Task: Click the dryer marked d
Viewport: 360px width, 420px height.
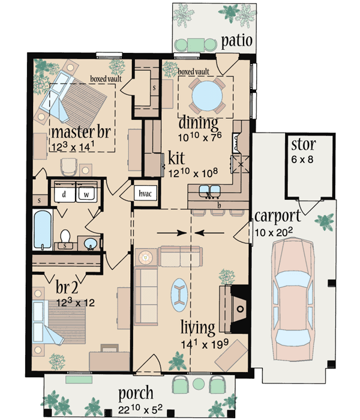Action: pos(64,194)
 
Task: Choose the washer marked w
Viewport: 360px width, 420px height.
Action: pos(86,194)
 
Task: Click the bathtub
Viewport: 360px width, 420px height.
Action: pos(41,230)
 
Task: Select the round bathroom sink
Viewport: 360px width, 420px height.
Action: pos(90,244)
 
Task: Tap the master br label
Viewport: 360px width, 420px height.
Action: pos(82,132)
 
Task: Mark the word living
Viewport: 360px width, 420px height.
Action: pos(198,328)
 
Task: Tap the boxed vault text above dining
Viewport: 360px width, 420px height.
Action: pos(193,72)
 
